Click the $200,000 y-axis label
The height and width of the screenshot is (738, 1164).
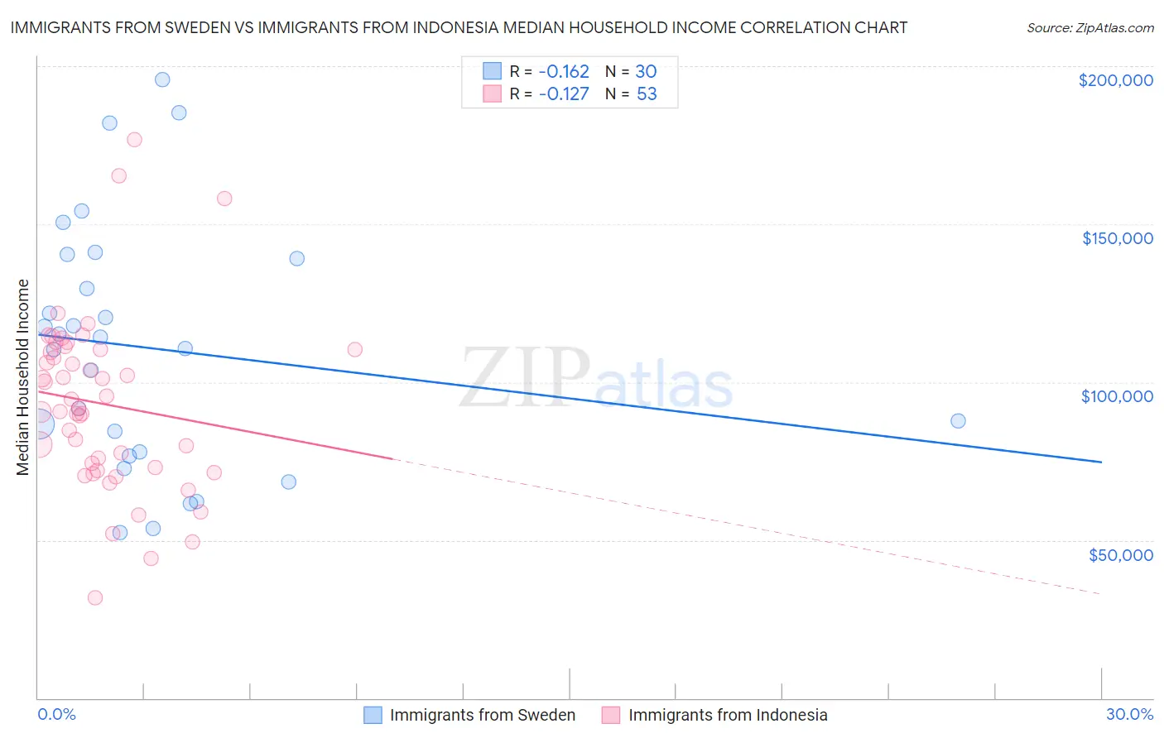[x=1115, y=80]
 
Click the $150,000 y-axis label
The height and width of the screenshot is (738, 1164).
[x=1117, y=238]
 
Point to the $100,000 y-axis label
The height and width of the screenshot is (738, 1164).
[x=1117, y=396]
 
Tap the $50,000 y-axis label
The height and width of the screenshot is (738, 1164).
[x=1120, y=554]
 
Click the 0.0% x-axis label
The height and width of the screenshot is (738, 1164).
[x=56, y=714]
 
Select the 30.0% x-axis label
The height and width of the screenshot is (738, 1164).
[x=1129, y=714]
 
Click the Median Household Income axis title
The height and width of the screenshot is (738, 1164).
[x=22, y=377]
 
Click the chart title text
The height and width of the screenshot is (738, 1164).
[x=459, y=27]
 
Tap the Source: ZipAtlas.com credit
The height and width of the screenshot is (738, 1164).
[x=1089, y=27]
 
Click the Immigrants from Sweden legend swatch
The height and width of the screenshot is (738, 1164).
[x=373, y=715]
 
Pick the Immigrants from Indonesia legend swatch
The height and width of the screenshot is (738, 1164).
[x=611, y=715]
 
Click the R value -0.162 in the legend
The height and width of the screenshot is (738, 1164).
[x=563, y=71]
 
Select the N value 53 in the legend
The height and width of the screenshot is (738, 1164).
[x=647, y=93]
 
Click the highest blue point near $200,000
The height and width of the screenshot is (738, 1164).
[x=162, y=79]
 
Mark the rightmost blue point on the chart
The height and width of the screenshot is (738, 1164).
[x=958, y=420]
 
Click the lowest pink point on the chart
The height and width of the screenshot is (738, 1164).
[x=95, y=597]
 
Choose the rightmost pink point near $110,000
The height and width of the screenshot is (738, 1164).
[x=354, y=349]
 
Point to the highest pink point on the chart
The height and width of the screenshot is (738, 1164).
[x=134, y=139]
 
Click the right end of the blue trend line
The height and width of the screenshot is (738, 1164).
[x=1101, y=462]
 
